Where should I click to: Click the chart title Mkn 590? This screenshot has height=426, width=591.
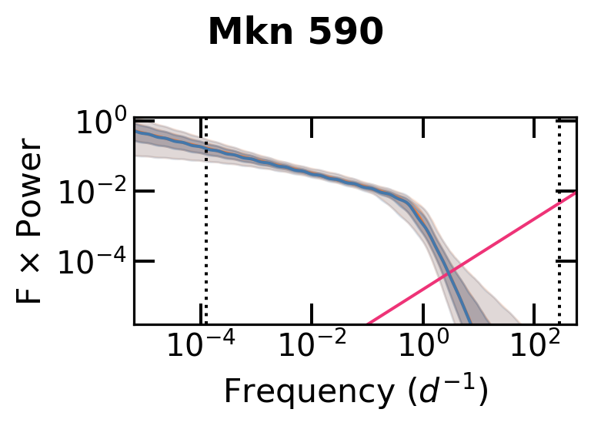click(x=295, y=32)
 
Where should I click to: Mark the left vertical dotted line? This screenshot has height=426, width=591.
click(x=205, y=231)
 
